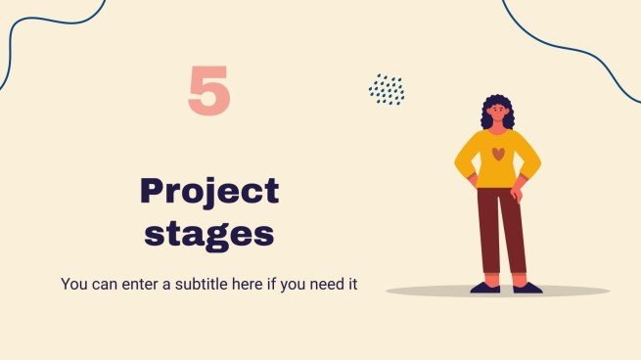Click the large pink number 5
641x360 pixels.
pos(209,91)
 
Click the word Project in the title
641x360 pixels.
pos(209,192)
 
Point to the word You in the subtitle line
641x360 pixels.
pos(74,285)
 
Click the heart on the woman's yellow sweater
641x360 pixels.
pos(498,154)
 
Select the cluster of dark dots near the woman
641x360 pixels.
pos(387,90)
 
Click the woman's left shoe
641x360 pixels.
pos(527,288)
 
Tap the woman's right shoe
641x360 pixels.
pos(484,288)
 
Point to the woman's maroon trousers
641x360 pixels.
pos(500,230)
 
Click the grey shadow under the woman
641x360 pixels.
pos(568,292)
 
